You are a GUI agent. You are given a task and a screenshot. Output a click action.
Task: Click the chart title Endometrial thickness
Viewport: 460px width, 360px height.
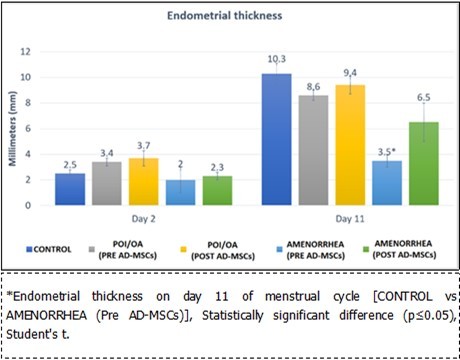click(230, 17)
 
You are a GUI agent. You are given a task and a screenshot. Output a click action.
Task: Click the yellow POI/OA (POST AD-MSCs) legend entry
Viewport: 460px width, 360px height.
click(217, 246)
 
